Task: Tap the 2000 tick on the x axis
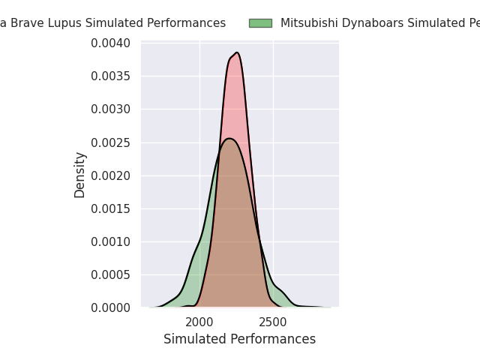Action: pyautogui.click(x=199, y=322)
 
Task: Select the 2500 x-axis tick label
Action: pyautogui.click(x=273, y=322)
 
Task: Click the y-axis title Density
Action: pyautogui.click(x=80, y=175)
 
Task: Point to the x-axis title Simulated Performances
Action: pyautogui.click(x=239, y=339)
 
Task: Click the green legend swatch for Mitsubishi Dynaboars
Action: pyautogui.click(x=260, y=23)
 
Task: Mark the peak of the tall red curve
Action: pyautogui.click(x=237, y=52)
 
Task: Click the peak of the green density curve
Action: pyautogui.click(x=229, y=139)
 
